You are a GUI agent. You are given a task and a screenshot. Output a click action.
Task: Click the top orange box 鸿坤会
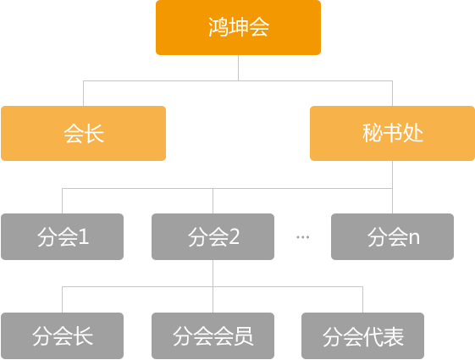[238, 27]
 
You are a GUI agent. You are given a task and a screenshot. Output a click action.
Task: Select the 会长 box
[83, 133]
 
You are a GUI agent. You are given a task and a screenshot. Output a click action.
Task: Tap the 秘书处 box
[392, 133]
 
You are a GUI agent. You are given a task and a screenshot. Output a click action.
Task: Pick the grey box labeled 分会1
[62, 236]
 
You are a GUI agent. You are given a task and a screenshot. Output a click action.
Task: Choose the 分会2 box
[213, 236]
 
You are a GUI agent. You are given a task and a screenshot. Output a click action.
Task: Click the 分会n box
[392, 236]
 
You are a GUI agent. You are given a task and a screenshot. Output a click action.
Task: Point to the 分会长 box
[62, 335]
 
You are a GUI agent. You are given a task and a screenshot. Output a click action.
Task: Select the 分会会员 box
[213, 335]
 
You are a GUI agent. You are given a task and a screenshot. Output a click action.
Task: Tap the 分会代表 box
[362, 335]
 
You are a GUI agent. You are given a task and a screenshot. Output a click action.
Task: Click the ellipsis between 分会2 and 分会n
[302, 237]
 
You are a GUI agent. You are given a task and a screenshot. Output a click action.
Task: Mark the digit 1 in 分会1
[83, 236]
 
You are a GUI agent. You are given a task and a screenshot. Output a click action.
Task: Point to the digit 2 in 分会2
[235, 236]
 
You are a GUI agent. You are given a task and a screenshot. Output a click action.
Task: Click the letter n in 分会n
[414, 238]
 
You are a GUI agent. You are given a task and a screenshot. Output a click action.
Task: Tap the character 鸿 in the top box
[218, 27]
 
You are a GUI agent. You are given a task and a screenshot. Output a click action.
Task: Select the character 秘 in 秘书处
[373, 133]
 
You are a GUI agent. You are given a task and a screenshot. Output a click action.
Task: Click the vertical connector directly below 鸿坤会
[239, 68]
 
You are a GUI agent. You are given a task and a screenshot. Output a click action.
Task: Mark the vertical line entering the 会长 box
[83, 93]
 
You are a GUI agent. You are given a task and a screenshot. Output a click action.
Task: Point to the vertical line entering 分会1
[62, 201]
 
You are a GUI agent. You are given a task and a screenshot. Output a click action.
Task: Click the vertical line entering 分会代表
[362, 299]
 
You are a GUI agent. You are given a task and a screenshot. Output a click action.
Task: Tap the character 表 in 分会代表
[394, 336]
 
